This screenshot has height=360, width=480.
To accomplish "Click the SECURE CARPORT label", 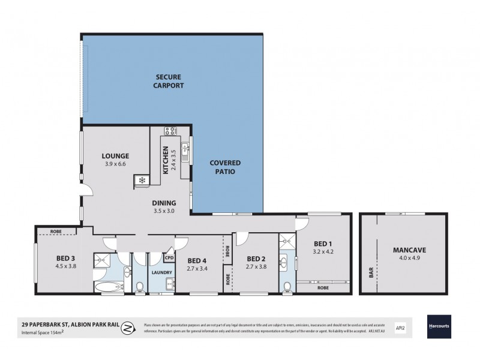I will (x=169, y=81).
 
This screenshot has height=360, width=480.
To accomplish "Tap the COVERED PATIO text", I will (x=225, y=167).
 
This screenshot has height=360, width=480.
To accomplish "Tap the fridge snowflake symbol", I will (x=142, y=180).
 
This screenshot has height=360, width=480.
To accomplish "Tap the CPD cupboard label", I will (x=169, y=259).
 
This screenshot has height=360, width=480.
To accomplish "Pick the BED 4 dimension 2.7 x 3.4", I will (x=197, y=268).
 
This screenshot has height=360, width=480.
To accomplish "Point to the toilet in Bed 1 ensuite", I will (x=287, y=286).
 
